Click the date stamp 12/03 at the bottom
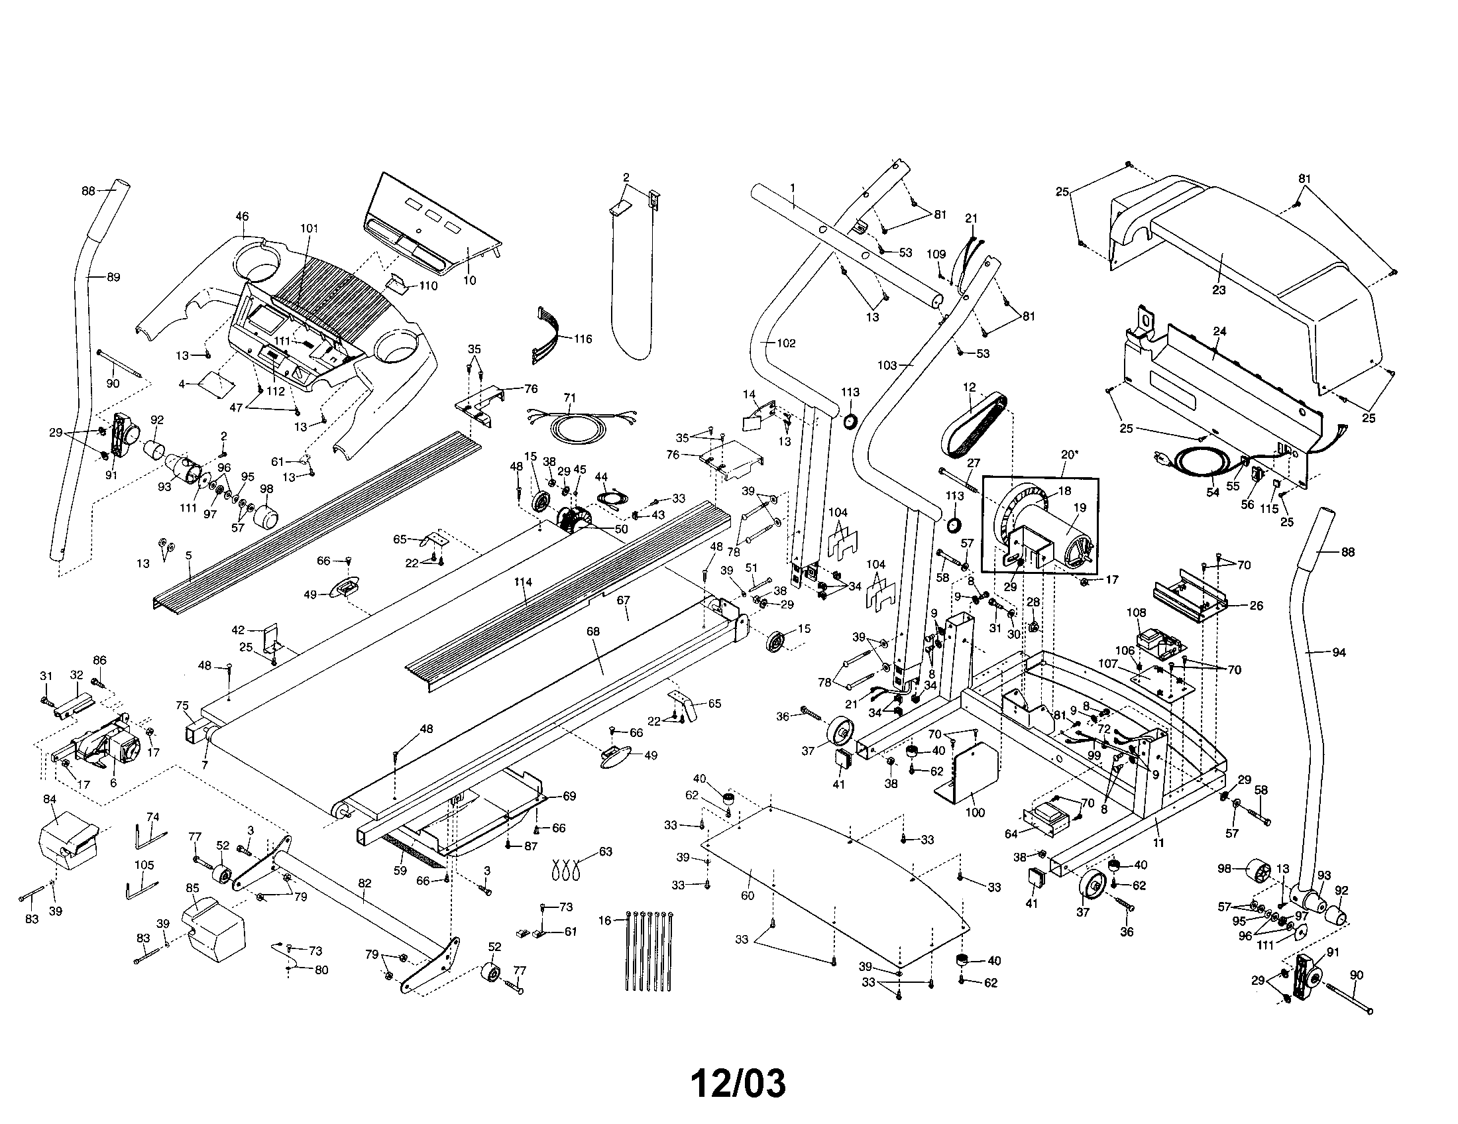tap(738, 1084)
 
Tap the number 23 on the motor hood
tap(1219, 290)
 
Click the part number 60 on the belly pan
tap(747, 895)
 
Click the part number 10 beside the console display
tap(469, 280)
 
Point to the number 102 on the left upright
tap(786, 343)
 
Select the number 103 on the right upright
tap(887, 365)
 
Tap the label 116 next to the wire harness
tap(583, 339)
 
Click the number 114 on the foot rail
tap(523, 582)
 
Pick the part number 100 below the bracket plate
tap(975, 813)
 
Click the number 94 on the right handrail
tap(1339, 653)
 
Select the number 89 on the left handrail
tap(113, 277)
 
